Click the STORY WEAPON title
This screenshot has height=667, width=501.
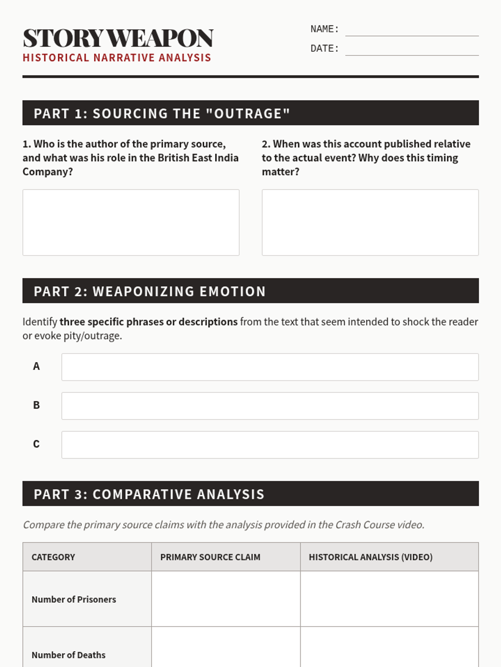coord(118,38)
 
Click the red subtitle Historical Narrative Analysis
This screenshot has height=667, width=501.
coord(117,58)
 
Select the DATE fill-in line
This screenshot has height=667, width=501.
coord(412,50)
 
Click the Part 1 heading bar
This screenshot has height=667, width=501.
coord(250,113)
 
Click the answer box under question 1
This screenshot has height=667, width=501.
coord(131,222)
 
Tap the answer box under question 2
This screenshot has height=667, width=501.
coord(370,222)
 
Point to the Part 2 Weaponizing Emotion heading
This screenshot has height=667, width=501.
coord(250,291)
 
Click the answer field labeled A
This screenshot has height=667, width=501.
coord(270,367)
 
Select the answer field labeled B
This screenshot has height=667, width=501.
coord(270,406)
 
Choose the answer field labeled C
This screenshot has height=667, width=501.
coord(270,445)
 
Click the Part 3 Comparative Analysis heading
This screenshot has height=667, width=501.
coord(250,494)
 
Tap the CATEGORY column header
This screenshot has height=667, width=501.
coord(53,557)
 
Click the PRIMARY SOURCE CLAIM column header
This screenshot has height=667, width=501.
coord(210,557)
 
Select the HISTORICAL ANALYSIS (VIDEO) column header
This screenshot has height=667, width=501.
coord(370,557)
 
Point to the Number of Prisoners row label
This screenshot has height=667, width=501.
coord(74,599)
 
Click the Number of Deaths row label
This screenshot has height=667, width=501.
coord(69,655)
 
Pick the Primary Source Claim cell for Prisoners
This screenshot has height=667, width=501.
coord(225,599)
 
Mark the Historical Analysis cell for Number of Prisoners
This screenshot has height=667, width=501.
coord(389,599)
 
